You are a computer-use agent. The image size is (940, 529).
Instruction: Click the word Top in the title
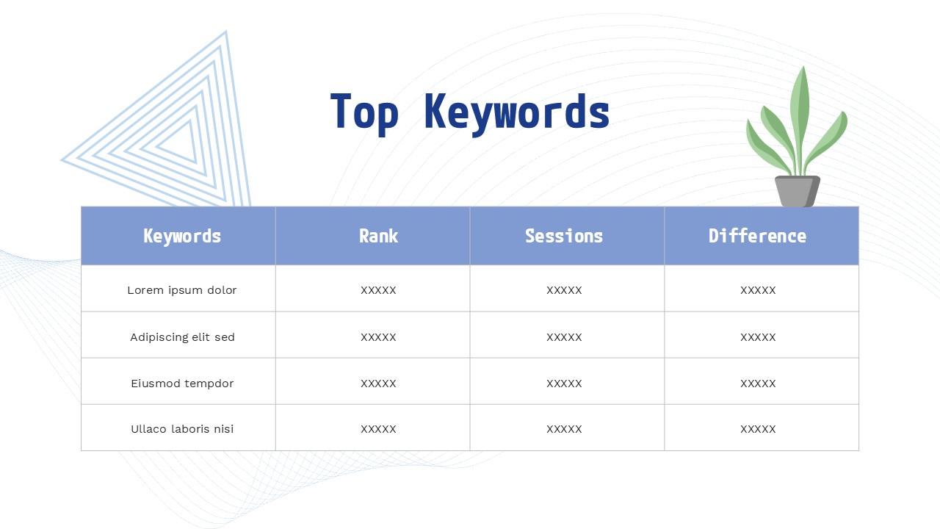pyautogui.click(x=364, y=112)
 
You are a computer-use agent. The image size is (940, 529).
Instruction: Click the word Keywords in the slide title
pyautogui.click(x=517, y=112)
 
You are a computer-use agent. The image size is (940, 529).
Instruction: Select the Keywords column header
pyautogui.click(x=182, y=236)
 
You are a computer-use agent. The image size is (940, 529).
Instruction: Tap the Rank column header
pyautogui.click(x=378, y=236)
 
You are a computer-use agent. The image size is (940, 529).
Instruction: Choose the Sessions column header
pyautogui.click(x=564, y=236)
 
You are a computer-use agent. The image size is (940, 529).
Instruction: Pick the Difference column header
pyautogui.click(x=757, y=236)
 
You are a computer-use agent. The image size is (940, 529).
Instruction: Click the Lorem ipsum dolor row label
pyautogui.click(x=182, y=290)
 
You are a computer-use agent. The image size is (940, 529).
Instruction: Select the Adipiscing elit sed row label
pyautogui.click(x=182, y=337)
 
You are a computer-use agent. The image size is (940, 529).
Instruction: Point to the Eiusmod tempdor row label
pyautogui.click(x=182, y=384)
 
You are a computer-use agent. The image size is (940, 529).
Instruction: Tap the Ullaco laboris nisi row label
pyautogui.click(x=182, y=429)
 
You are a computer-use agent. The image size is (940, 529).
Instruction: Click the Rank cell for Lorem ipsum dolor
pyautogui.click(x=378, y=290)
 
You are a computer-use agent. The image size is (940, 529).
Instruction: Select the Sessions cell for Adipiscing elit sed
pyautogui.click(x=564, y=337)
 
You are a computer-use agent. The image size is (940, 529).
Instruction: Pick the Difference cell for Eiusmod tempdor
pyautogui.click(x=758, y=384)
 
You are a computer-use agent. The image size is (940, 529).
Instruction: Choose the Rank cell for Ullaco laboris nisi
pyautogui.click(x=378, y=429)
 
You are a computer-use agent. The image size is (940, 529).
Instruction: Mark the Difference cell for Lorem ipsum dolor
pyautogui.click(x=758, y=290)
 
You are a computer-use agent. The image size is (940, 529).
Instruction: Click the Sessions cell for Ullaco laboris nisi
pyautogui.click(x=564, y=429)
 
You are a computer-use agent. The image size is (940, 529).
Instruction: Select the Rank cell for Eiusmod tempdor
pyautogui.click(x=378, y=384)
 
